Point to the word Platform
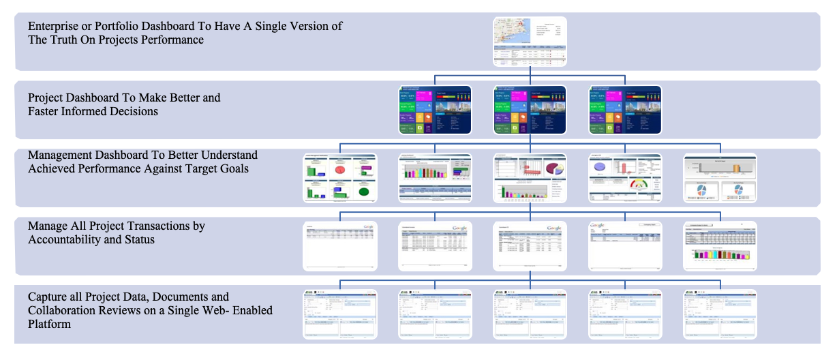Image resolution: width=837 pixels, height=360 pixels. coord(50,325)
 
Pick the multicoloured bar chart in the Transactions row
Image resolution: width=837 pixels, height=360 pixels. coord(720,256)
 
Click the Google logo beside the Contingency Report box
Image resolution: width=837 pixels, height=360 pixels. coord(598,226)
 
